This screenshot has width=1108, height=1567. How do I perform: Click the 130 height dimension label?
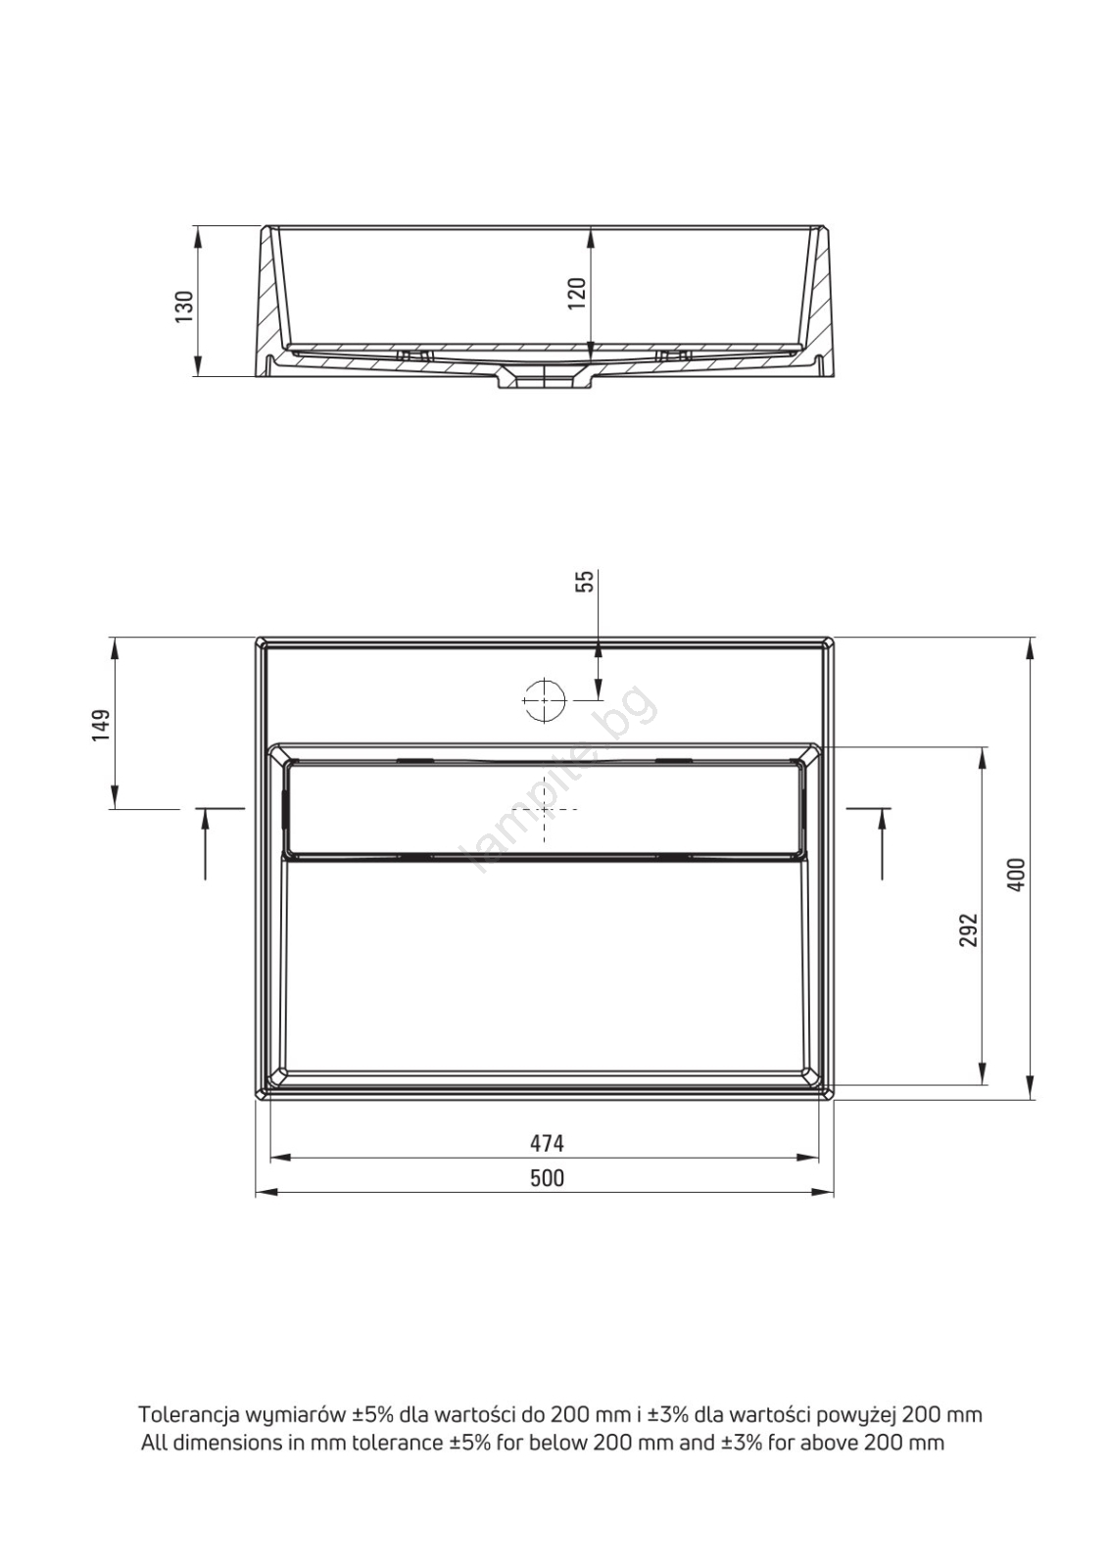[x=184, y=306]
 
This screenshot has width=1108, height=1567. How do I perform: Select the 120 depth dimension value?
[x=575, y=294]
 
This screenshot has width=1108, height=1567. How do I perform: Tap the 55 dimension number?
[x=585, y=582]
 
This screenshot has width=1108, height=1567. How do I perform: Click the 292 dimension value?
[x=967, y=929]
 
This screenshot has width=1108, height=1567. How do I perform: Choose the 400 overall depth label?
[x=1017, y=875]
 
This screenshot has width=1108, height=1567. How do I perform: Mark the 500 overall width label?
[x=547, y=1178]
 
